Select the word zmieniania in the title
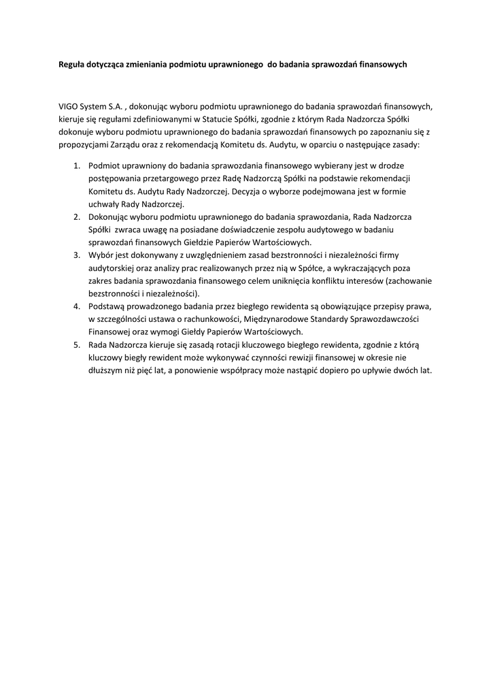click(154, 65)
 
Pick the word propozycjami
click(85, 146)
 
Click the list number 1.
click(76, 165)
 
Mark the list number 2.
click(76, 217)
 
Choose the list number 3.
click(76, 255)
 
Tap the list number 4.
click(76, 307)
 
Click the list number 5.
click(76, 345)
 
